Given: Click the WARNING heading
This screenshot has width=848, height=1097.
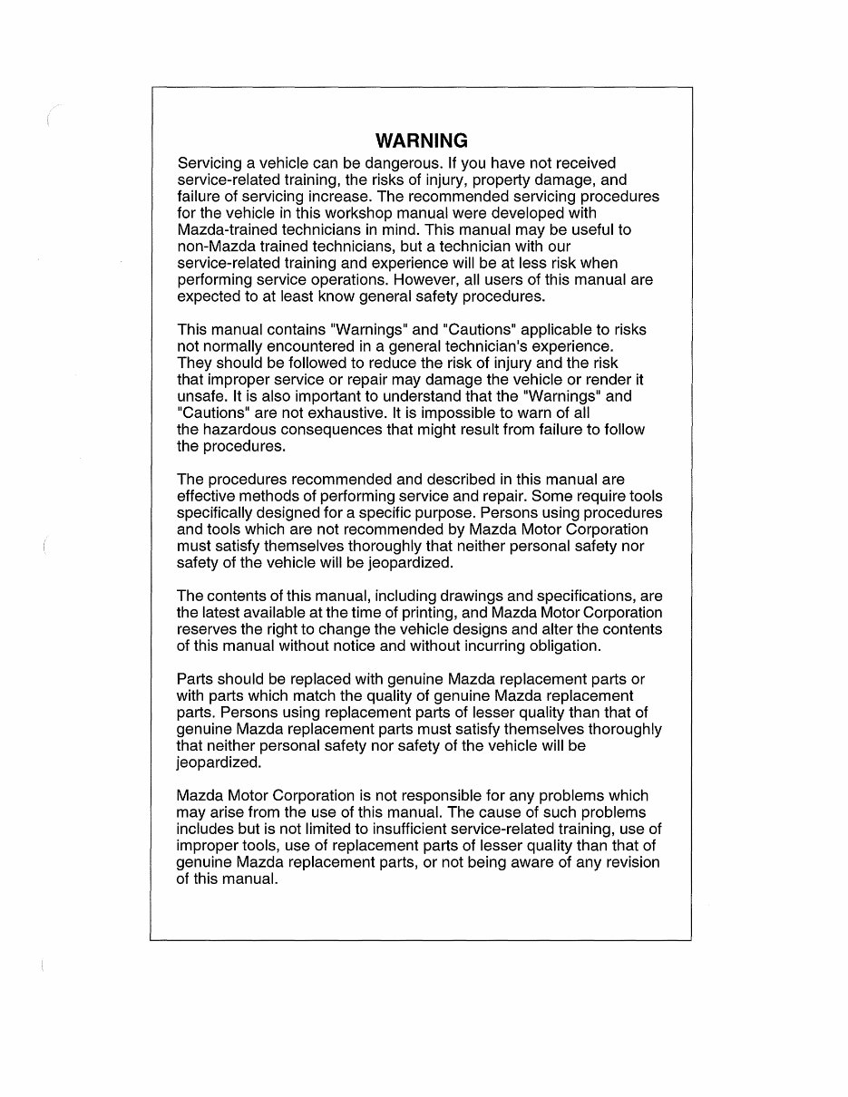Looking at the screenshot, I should (422, 141).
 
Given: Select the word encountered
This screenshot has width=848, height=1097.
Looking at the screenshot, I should (317, 346).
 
